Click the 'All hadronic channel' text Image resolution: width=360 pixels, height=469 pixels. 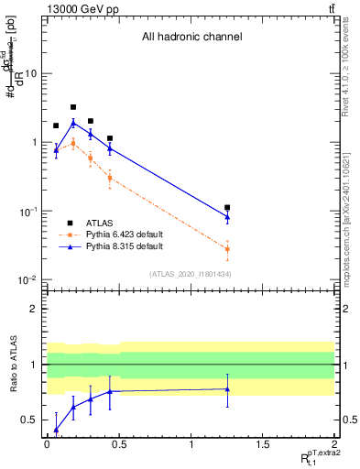click(x=191, y=38)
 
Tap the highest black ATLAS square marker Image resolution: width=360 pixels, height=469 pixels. click(x=73, y=107)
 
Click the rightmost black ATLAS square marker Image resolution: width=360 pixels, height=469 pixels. click(x=227, y=208)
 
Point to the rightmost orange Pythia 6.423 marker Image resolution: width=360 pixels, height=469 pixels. click(x=227, y=249)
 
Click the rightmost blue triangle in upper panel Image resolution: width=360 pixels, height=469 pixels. click(x=227, y=216)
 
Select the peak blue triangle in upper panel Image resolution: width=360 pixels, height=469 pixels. click(x=73, y=123)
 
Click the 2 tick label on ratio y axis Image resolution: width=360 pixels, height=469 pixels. click(x=34, y=309)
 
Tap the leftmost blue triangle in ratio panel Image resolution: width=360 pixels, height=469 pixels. click(x=56, y=430)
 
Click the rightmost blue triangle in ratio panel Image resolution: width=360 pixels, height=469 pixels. click(x=227, y=389)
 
